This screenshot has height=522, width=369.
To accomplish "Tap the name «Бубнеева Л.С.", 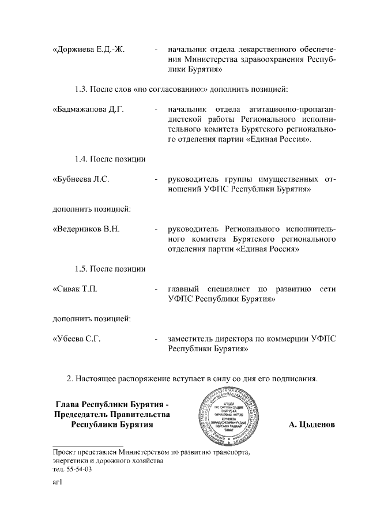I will point(81,179).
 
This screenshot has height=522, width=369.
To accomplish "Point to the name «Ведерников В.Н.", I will point(86,228).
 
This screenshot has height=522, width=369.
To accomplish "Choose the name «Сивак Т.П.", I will point(75,288).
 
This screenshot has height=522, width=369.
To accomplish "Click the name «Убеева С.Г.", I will point(77,339).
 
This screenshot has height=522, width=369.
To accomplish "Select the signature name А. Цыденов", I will point(312,425).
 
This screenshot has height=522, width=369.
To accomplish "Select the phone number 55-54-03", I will point(78,470).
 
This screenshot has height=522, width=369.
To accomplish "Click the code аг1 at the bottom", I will point(57,485).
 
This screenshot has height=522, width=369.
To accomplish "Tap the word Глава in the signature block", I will point(67,404).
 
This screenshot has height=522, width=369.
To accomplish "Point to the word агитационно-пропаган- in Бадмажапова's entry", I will point(294,109).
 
